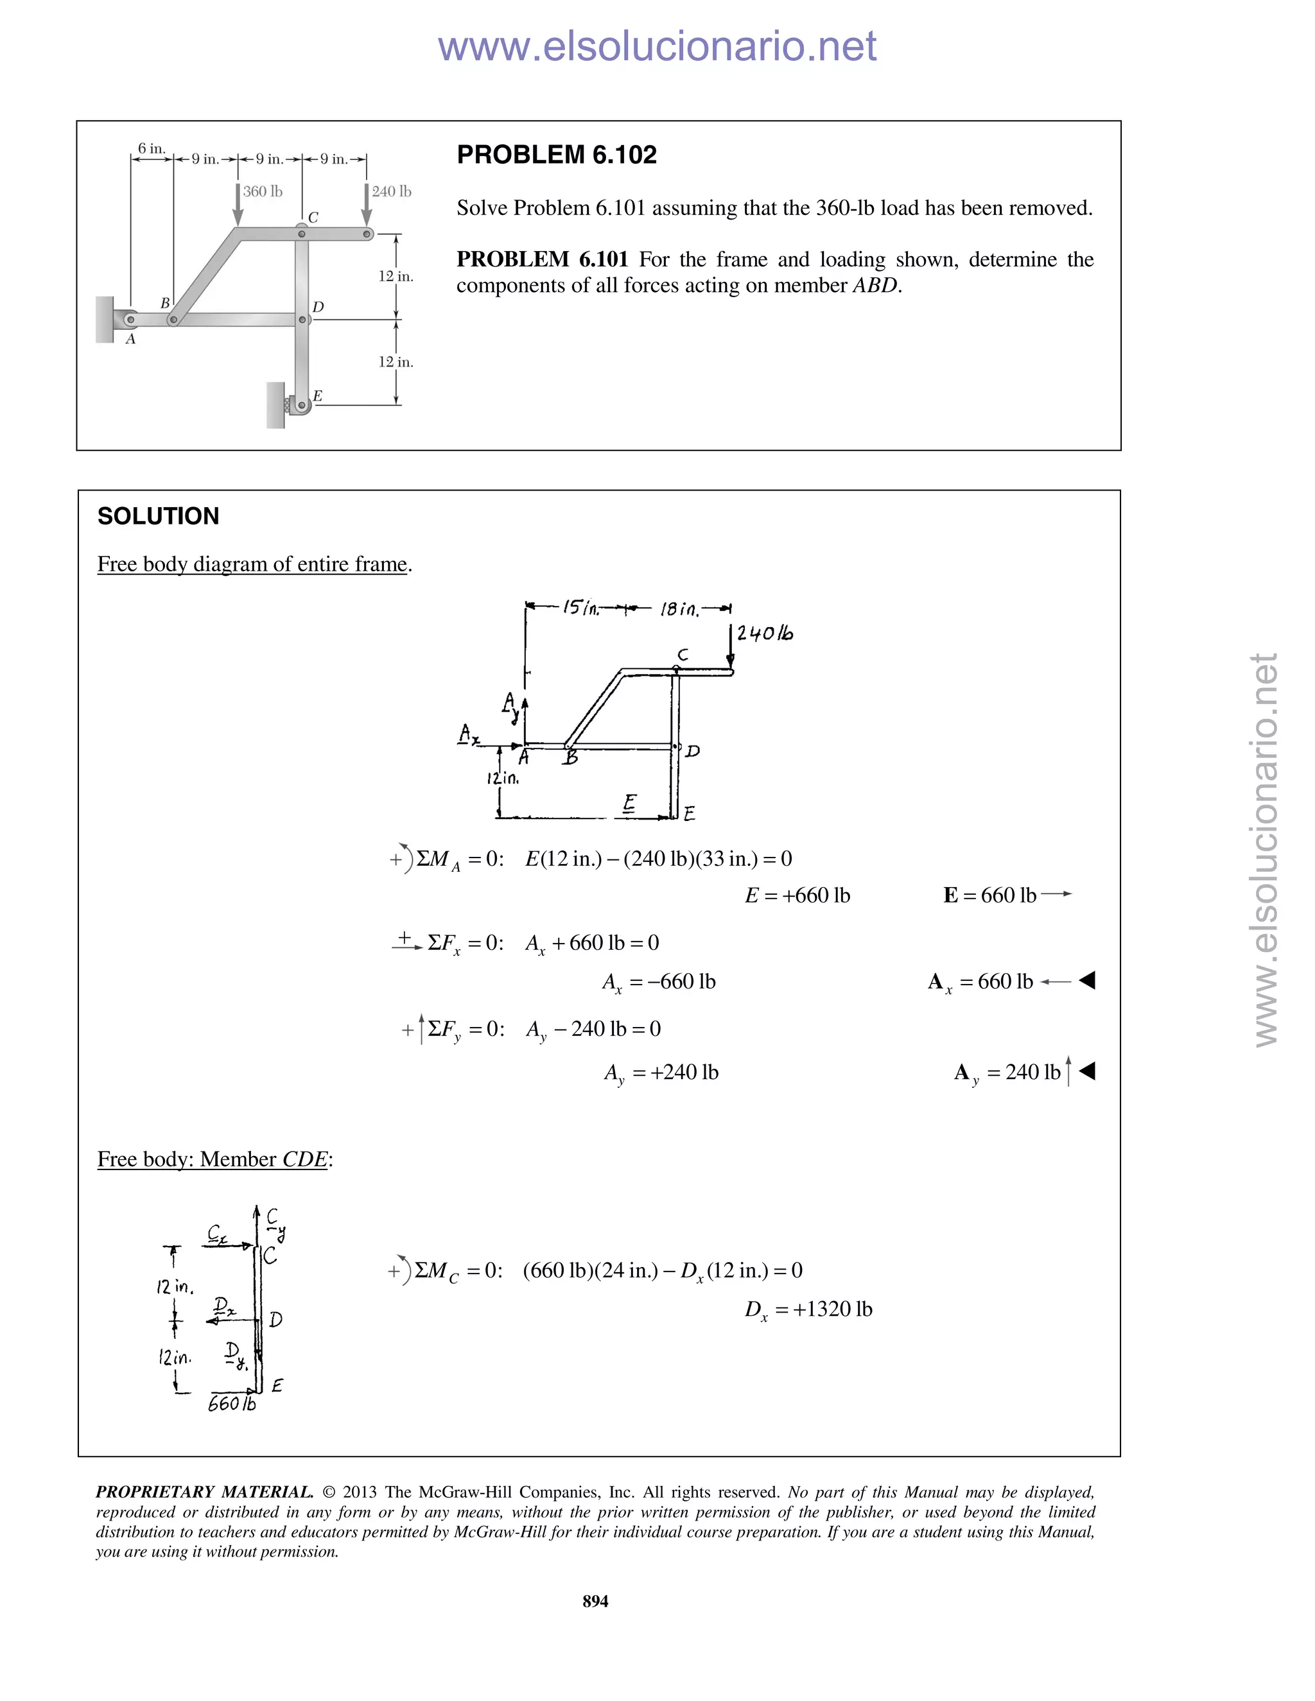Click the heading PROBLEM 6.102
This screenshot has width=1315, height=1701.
(x=556, y=155)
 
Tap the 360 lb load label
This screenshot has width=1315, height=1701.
(x=263, y=191)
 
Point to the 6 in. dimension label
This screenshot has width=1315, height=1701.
(x=151, y=148)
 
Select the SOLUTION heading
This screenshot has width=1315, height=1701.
(x=158, y=516)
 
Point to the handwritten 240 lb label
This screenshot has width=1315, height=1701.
(x=764, y=633)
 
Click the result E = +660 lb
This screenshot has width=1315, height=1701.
(x=797, y=895)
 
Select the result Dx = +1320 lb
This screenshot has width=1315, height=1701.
(x=808, y=1309)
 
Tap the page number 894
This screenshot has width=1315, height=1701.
(x=595, y=1600)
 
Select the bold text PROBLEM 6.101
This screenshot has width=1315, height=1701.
(x=541, y=259)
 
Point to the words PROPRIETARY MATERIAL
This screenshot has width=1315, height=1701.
(x=204, y=1492)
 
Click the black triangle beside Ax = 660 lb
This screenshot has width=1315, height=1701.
(x=1088, y=981)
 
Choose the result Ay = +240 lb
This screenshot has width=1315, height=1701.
(x=661, y=1073)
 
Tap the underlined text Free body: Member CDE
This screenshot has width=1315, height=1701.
(x=213, y=1159)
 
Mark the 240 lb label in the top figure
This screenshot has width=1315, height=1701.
(x=391, y=191)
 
